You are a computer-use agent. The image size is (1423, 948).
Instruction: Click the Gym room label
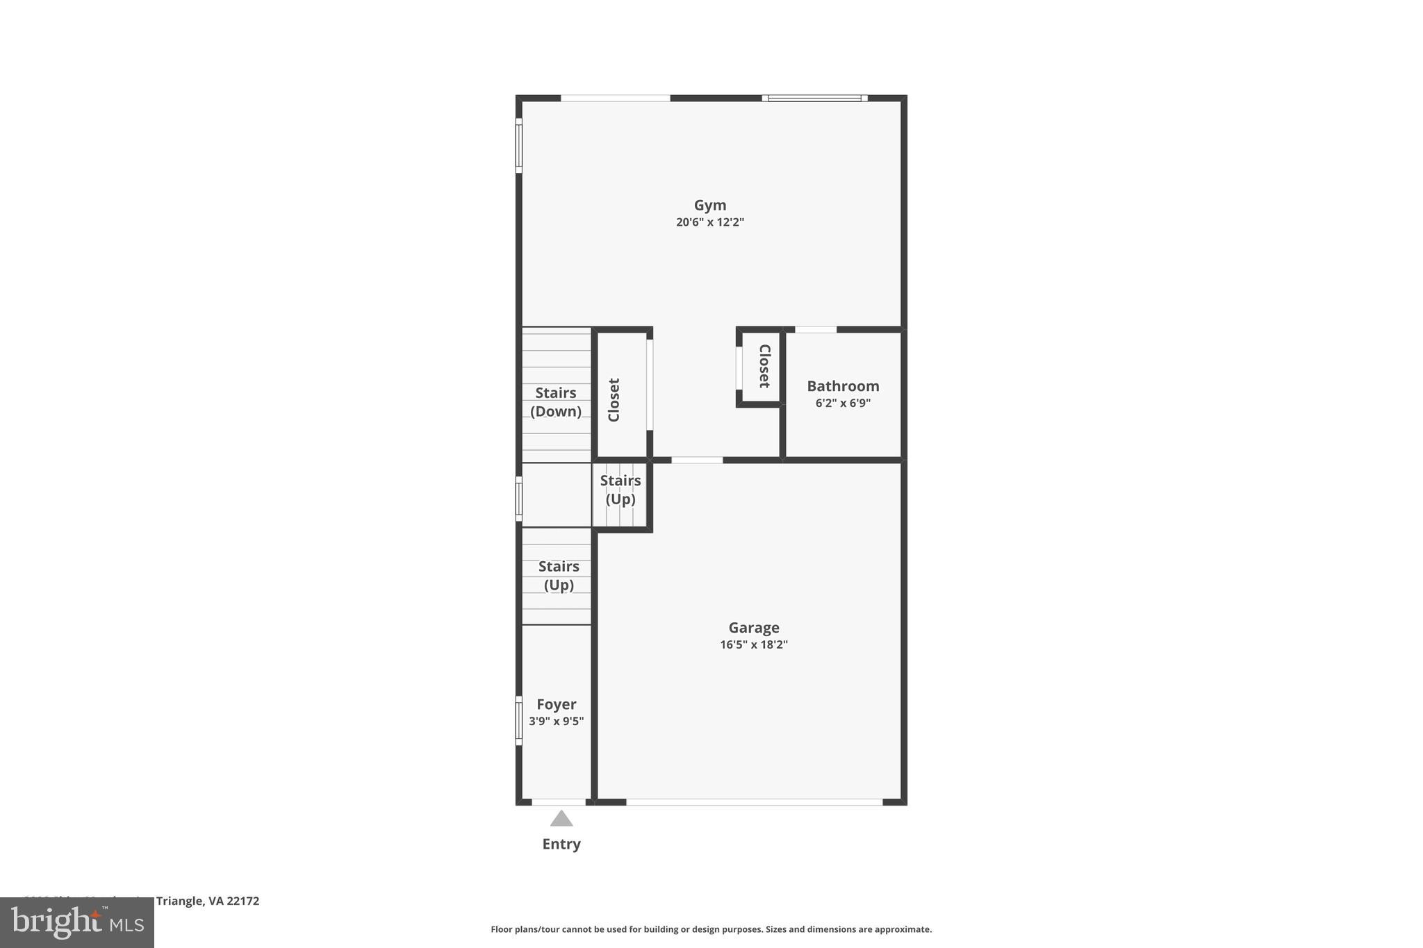tap(709, 205)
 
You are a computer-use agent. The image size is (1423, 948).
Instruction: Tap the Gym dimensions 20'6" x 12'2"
tap(709, 222)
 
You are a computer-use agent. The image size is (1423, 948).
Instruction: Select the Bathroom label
tap(843, 386)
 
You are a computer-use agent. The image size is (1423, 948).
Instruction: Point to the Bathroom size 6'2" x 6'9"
tap(843, 403)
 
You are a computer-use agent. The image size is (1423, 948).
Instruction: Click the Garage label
tap(753, 628)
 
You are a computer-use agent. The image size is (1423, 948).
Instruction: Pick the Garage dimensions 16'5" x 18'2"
tap(753, 645)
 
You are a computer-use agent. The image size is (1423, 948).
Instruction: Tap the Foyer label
tap(556, 704)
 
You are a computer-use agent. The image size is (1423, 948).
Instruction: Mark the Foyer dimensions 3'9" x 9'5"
tap(556, 721)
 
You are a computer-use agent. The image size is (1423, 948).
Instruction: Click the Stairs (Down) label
tap(556, 402)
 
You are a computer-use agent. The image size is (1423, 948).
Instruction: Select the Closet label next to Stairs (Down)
tap(614, 400)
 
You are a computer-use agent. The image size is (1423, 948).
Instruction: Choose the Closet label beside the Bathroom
tap(764, 366)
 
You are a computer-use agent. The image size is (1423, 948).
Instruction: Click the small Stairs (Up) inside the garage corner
tap(620, 490)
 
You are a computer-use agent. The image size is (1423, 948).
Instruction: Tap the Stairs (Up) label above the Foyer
tap(559, 576)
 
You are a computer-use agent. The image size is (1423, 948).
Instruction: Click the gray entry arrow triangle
tap(561, 820)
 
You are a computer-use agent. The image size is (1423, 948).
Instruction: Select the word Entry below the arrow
tap(561, 844)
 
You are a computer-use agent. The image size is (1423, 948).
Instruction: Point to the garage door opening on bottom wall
tap(754, 802)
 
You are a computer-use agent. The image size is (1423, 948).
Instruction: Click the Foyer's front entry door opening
tap(559, 802)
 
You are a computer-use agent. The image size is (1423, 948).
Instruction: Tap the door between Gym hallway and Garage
tap(697, 460)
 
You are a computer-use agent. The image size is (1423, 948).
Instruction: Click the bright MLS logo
tap(77, 923)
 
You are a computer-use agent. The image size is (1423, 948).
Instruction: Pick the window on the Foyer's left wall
tap(518, 721)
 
